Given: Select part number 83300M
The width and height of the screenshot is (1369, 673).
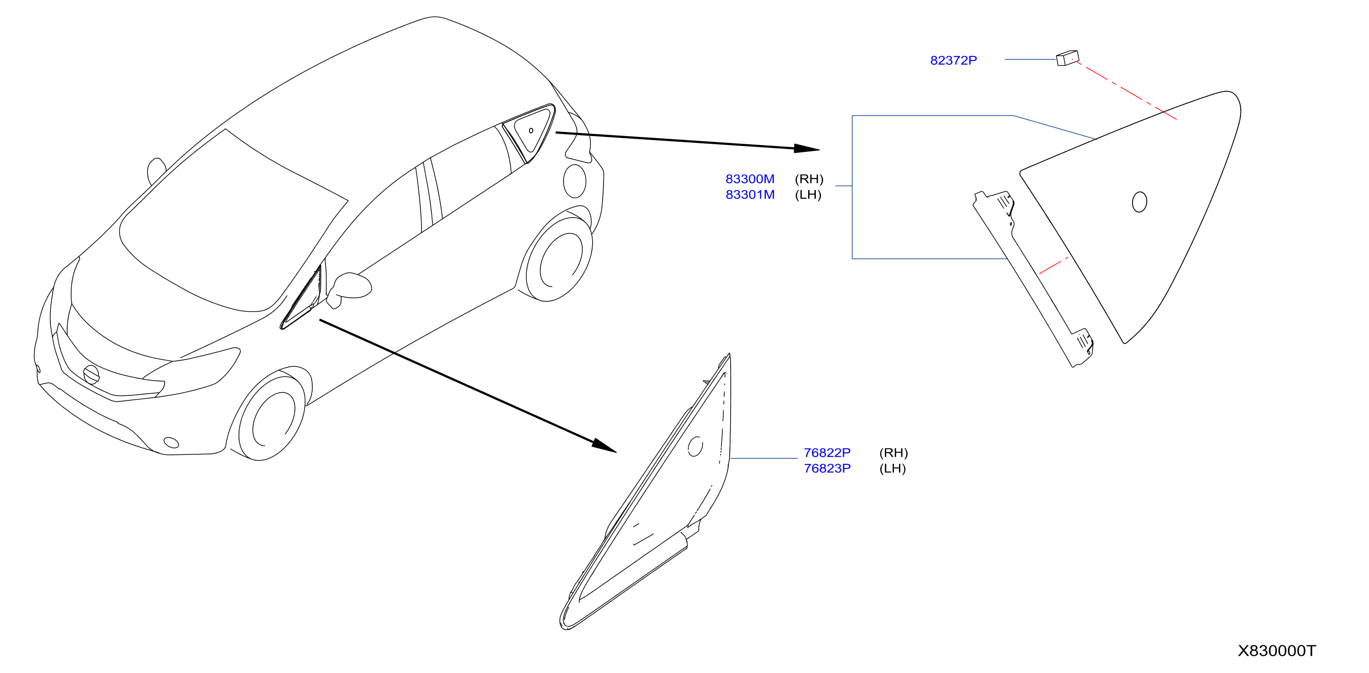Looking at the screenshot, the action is click(750, 179).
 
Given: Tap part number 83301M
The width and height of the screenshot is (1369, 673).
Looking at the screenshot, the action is click(750, 195).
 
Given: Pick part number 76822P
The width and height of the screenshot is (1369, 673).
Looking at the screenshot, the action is click(827, 453).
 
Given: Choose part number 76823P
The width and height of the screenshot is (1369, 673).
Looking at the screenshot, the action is click(827, 468).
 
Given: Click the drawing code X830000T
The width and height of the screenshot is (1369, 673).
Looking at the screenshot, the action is click(1276, 651).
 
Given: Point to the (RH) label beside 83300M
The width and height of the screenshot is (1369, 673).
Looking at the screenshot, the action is click(809, 179).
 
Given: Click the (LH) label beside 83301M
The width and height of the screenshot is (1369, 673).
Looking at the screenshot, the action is click(808, 195).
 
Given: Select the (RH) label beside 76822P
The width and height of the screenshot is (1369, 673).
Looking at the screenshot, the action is click(893, 453).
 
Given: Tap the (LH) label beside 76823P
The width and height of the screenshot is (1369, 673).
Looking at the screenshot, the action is click(892, 468).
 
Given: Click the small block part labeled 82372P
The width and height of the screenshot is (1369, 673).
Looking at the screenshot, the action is click(1067, 58).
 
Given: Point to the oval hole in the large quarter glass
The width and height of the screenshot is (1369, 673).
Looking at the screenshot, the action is click(1139, 202).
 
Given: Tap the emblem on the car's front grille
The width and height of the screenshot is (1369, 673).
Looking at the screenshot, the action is click(91, 375).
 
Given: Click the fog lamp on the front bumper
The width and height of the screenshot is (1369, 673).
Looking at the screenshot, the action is click(171, 443).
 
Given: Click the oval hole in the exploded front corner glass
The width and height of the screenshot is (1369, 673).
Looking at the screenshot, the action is click(695, 446).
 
